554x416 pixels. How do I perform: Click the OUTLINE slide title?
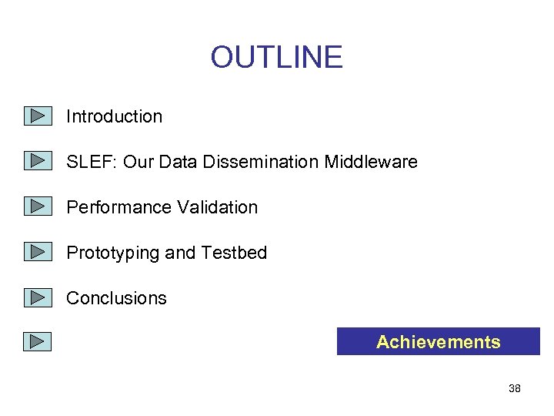pos(276,58)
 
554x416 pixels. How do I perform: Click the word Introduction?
pos(114,117)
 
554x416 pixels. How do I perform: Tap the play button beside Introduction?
pos(36,116)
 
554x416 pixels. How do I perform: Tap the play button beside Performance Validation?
pos(36,206)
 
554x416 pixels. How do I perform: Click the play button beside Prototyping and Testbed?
pos(36,251)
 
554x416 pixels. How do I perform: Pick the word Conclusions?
pos(116,299)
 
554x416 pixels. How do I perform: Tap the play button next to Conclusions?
pos(36,297)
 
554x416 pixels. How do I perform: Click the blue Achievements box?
pos(438,342)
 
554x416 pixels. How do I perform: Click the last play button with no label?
pos(36,341)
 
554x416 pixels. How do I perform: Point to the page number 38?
pos(515,389)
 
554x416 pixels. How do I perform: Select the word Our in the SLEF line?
pos(138,163)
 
